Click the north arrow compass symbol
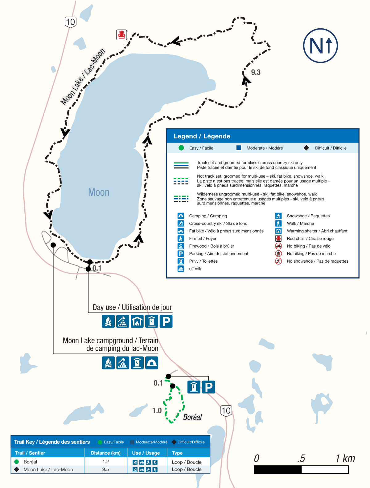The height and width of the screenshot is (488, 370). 320,46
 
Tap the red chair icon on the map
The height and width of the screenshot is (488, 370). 121,35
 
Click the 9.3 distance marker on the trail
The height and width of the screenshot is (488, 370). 256,72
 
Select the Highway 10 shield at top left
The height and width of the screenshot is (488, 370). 71,22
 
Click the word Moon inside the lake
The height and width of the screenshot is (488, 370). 99,192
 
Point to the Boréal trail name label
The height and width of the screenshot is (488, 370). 192,417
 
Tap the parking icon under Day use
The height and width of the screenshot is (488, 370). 166,321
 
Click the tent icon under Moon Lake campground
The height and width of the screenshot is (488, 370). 151,363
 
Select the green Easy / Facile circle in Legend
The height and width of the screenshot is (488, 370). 181,148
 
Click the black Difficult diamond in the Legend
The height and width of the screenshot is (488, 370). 306,148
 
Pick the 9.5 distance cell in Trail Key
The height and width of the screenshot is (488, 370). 105,469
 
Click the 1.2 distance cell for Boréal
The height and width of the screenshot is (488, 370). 105,462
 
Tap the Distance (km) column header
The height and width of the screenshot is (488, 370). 105,453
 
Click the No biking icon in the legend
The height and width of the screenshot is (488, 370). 278,246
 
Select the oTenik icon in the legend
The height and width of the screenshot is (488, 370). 181,268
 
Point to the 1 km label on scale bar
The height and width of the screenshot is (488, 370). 345,458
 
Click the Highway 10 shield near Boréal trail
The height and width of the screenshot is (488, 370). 226,410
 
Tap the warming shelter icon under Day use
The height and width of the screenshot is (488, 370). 137,321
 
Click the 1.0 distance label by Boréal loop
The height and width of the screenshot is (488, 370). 157,410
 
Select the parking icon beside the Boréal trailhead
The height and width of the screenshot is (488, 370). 208,387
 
